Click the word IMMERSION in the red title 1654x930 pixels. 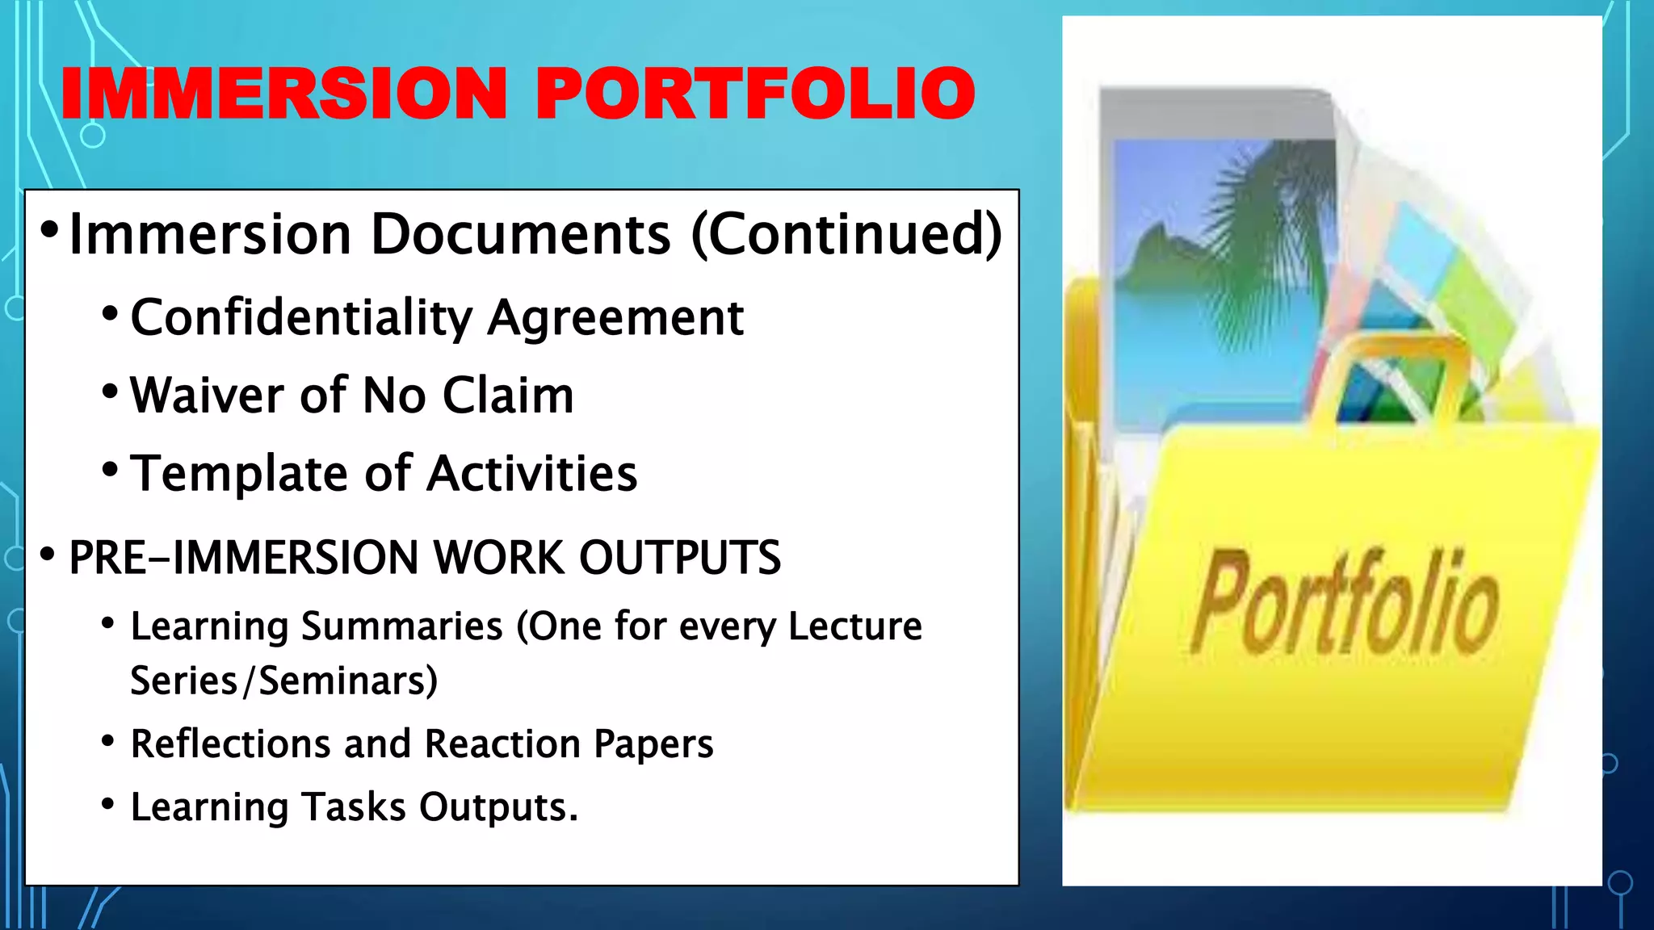[283, 94]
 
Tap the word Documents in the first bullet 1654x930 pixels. [520, 234]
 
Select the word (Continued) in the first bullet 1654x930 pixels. [847, 234]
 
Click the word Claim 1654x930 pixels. [508, 396]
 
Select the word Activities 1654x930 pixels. [532, 473]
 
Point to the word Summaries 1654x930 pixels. [401, 626]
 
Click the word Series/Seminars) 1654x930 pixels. [283, 681]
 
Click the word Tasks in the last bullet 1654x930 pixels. [354, 806]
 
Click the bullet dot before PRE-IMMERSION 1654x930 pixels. [48, 555]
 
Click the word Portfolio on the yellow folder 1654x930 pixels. [1345, 601]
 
